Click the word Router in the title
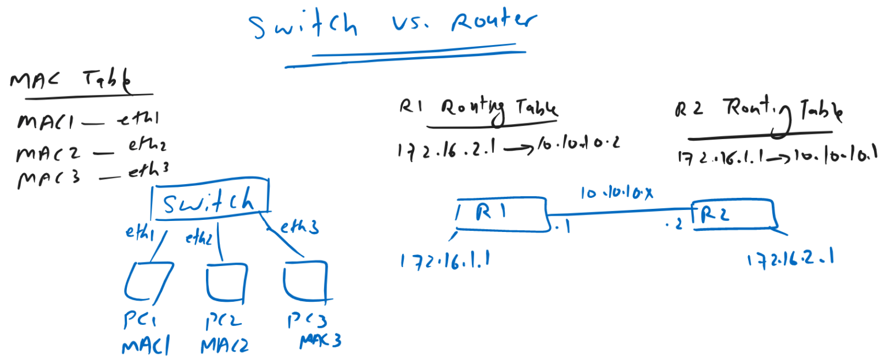click(x=494, y=22)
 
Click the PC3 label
click(x=309, y=321)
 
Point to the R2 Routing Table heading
click(x=759, y=111)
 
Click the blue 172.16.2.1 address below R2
click(x=790, y=260)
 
